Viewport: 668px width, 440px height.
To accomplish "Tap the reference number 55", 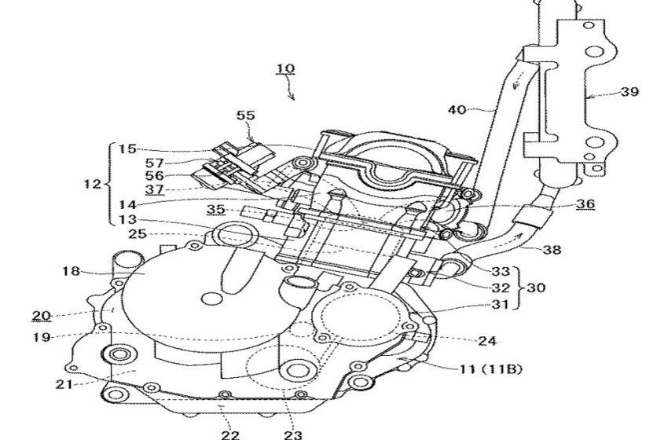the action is (x=245, y=115).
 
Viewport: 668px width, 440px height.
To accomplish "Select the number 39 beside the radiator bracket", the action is (x=629, y=92).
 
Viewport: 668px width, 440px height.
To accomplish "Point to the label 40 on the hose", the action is (x=457, y=110).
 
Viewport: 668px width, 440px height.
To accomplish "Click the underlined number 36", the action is (x=585, y=204).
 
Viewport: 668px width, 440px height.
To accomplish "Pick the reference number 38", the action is (x=552, y=249).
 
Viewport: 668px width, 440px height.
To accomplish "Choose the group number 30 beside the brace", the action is (x=536, y=288).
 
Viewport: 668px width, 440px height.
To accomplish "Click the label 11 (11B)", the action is (x=490, y=369).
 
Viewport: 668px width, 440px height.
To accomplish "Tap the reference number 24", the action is (x=487, y=341).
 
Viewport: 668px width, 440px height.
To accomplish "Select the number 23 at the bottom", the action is (x=292, y=434).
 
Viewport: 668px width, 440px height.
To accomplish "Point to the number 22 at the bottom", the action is (x=230, y=434).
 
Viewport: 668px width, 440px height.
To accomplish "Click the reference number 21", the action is (x=64, y=384).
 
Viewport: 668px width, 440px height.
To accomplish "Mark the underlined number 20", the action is (x=42, y=316).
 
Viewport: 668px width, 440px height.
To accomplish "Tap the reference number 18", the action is (x=71, y=271).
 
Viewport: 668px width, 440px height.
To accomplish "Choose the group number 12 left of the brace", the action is (x=93, y=185).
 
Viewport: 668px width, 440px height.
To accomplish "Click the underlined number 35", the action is (x=216, y=209).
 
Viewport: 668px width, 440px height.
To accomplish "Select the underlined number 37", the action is (x=154, y=189).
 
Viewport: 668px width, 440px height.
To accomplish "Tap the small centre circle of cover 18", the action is (x=211, y=299).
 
